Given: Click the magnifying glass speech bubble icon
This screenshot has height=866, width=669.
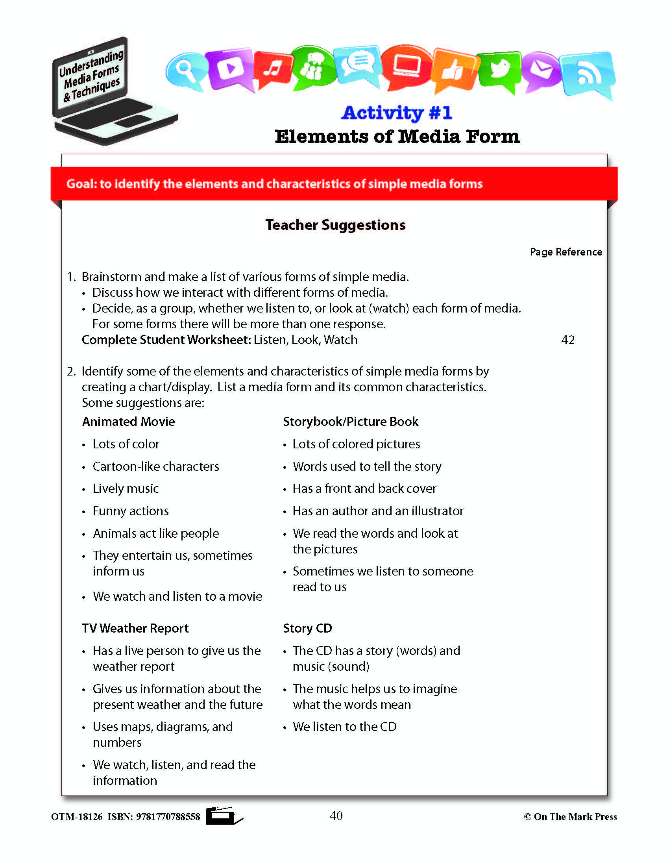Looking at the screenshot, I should [185, 70].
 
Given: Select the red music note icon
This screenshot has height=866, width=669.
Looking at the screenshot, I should [273, 68].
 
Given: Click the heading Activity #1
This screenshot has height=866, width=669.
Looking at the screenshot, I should [397, 113].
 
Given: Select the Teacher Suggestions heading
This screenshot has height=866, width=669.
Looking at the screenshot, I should [335, 225].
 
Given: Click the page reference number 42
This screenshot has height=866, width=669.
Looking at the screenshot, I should [567, 340].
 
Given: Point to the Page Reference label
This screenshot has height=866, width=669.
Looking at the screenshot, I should [566, 252].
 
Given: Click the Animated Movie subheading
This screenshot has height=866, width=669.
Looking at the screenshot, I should [128, 421].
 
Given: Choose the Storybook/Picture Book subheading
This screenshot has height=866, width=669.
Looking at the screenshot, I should [350, 421].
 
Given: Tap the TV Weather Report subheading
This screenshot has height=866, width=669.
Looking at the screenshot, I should [135, 628].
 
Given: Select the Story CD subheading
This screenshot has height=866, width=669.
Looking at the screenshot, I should [307, 628].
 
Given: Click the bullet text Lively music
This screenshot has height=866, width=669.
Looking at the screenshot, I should [125, 489].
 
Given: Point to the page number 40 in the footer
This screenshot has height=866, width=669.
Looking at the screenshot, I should [336, 816].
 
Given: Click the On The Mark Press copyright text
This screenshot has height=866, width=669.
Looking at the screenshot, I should [570, 816].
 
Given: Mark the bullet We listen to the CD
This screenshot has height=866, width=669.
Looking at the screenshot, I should [344, 726].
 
